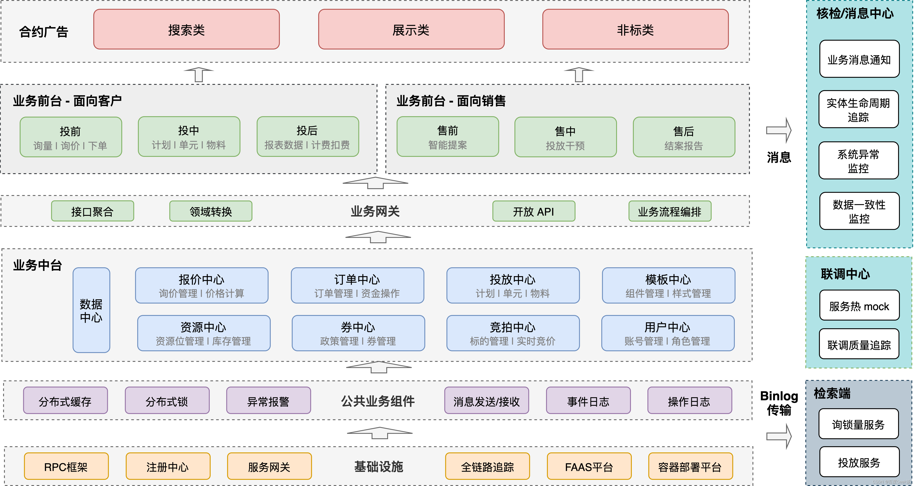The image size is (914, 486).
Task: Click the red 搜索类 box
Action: click(186, 29)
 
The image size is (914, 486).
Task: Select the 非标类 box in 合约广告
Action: click(635, 29)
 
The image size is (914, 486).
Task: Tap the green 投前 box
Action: click(71, 137)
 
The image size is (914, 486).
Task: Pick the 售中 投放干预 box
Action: click(565, 137)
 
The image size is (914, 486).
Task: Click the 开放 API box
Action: click(533, 211)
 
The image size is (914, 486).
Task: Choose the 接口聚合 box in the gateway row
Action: click(92, 211)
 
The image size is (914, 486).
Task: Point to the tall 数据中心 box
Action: click(91, 310)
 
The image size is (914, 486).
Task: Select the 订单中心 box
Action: click(357, 286)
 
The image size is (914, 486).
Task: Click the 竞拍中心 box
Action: click(513, 333)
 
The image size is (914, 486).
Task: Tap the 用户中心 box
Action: click(668, 333)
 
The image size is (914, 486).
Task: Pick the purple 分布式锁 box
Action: click(167, 401)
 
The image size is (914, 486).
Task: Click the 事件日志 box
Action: click(588, 401)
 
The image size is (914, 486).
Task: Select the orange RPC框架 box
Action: click(66, 467)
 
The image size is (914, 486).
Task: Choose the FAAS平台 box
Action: click(589, 467)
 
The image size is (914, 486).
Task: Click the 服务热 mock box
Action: click(859, 306)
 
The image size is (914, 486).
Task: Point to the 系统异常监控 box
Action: click(858, 161)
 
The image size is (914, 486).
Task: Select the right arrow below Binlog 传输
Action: click(779, 436)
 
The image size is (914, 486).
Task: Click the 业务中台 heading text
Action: click(38, 265)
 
